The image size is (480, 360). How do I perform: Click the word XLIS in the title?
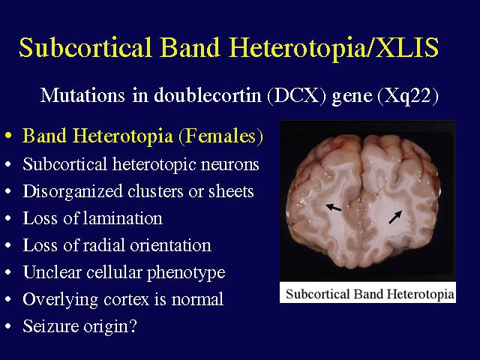[407, 47]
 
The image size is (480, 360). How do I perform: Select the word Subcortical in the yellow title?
[85, 47]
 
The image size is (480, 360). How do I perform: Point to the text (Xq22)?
[408, 96]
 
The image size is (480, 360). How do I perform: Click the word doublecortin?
[208, 95]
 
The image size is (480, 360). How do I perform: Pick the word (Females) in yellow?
[220, 136]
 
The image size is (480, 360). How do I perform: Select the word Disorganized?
[73, 192]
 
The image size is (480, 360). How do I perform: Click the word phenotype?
[186, 273]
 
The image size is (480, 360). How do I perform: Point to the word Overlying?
[60, 300]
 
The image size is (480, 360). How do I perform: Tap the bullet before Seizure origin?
[8, 326]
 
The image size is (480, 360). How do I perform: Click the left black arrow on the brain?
[333, 208]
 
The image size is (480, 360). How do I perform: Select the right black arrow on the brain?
[395, 217]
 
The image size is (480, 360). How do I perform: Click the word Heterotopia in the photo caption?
[420, 294]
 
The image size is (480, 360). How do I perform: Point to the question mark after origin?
[133, 325]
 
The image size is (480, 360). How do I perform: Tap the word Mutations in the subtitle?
[82, 95]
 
